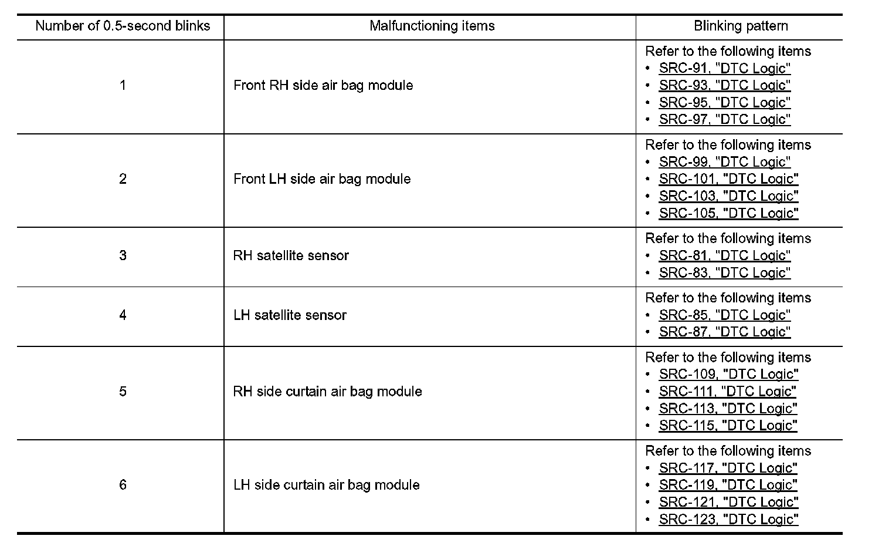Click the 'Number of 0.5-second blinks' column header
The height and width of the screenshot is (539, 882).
(x=123, y=26)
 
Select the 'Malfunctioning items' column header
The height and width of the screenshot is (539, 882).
(x=432, y=26)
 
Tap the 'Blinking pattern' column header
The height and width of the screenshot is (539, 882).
(x=741, y=26)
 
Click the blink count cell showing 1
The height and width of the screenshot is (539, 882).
(x=123, y=86)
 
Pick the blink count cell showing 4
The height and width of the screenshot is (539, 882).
(x=123, y=315)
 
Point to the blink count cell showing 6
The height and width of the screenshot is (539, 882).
(x=123, y=485)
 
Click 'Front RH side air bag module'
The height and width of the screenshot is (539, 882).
(x=323, y=86)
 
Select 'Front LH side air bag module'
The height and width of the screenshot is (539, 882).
(x=322, y=179)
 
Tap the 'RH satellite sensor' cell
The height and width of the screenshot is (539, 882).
(x=291, y=256)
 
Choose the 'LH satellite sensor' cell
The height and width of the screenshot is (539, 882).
(x=290, y=315)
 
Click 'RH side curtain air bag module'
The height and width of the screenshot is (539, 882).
(x=327, y=392)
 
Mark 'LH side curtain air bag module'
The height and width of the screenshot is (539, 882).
(x=326, y=485)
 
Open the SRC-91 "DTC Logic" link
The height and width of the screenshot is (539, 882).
(x=724, y=69)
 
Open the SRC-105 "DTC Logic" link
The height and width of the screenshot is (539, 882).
(x=728, y=213)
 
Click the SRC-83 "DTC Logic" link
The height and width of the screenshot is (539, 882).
(x=724, y=273)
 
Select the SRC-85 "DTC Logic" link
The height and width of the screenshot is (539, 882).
(x=724, y=315)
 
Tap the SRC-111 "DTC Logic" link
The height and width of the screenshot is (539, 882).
(x=727, y=392)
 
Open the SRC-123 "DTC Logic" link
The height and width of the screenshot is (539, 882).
(x=728, y=520)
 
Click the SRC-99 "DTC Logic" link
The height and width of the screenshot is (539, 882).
(x=724, y=162)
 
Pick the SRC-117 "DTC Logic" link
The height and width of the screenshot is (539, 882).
(x=728, y=469)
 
